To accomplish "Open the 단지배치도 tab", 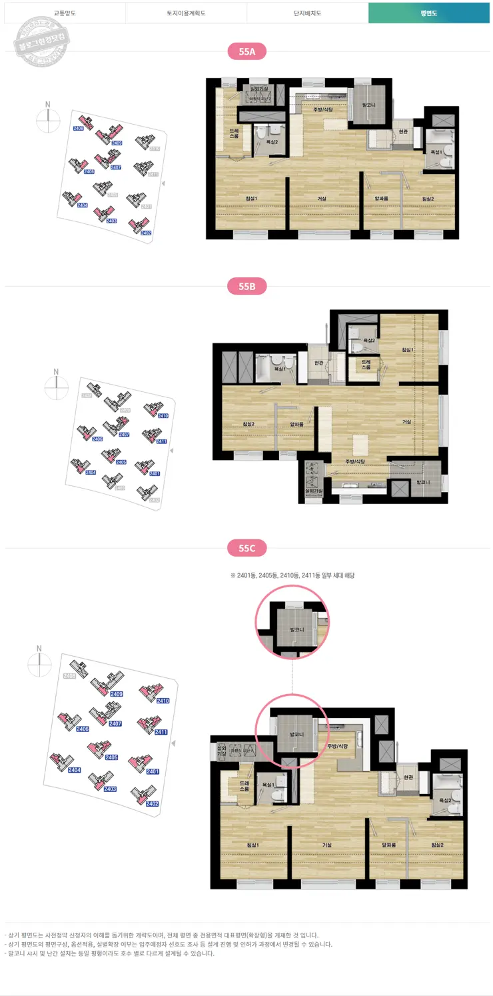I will pyautogui.click(x=307, y=13).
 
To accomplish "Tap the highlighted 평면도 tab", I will pyautogui.click(x=428, y=13).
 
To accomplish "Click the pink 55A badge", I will pyautogui.click(x=246, y=51).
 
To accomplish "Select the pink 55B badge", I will pyautogui.click(x=246, y=287).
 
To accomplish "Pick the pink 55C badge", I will pyautogui.click(x=246, y=549).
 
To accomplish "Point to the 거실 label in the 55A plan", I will pyautogui.click(x=322, y=199).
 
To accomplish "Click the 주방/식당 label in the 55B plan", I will pyautogui.click(x=355, y=461).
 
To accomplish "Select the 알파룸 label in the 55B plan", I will pyautogui.click(x=296, y=423).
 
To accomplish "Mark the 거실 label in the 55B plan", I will pyautogui.click(x=406, y=422).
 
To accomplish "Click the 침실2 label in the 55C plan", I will pyautogui.click(x=437, y=845).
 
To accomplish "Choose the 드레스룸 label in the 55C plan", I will pyautogui.click(x=244, y=785).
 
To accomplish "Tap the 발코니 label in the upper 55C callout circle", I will pyautogui.click(x=292, y=630).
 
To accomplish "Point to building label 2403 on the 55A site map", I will pyautogui.click(x=111, y=221).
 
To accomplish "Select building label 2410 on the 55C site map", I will pyautogui.click(x=162, y=701).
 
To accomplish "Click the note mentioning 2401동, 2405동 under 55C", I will pyautogui.click(x=292, y=575).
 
